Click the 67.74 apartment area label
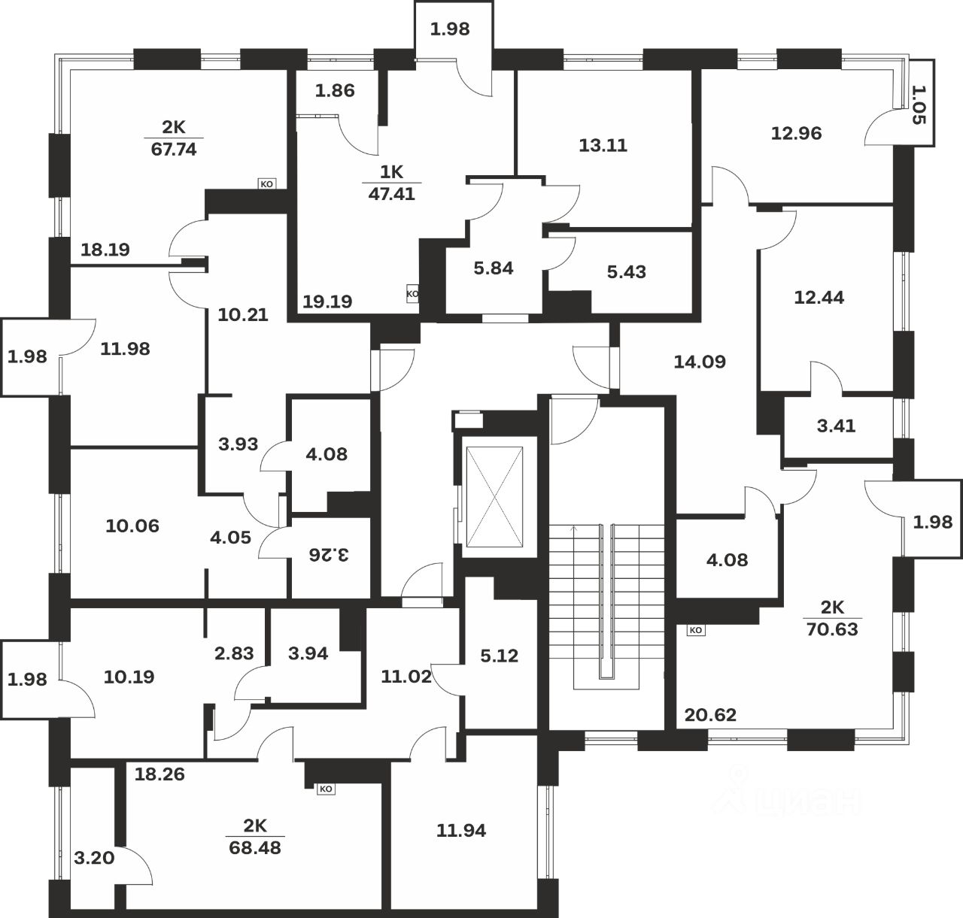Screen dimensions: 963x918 174,149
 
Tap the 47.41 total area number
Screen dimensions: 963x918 391,193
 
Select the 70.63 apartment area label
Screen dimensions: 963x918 831,629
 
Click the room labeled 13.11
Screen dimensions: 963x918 603,145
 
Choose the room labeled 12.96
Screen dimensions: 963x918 796,133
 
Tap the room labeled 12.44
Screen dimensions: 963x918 819,297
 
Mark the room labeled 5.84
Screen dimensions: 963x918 494,268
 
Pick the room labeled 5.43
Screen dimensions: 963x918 626,271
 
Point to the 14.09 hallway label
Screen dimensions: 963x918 700,362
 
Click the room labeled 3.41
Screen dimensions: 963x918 836,426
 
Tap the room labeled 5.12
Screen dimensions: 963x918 500,656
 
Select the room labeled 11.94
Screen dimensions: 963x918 461,830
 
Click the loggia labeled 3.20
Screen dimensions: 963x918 94,856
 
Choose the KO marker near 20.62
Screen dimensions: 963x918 696,630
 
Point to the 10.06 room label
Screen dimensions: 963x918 132,526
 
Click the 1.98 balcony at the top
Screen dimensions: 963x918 450,29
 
